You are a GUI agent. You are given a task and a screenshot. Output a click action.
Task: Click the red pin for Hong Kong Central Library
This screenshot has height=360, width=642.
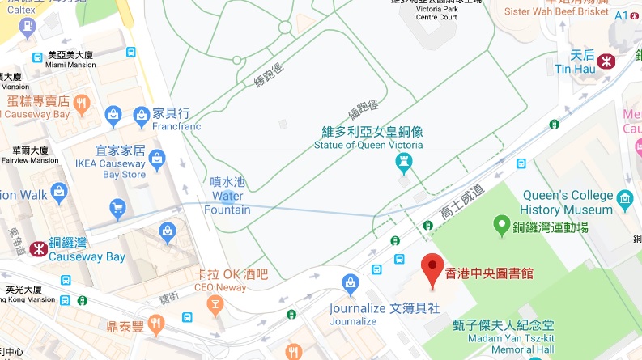[x=431, y=265]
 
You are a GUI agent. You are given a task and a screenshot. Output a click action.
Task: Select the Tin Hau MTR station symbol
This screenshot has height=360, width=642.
[x=604, y=61]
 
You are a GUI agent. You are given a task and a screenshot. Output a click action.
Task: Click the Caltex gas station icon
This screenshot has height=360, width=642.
[x=29, y=27]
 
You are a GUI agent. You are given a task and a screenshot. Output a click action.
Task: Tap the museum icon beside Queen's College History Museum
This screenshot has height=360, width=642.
[x=624, y=198]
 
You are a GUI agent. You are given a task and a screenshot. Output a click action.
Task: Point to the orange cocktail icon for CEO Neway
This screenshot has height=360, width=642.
[x=215, y=304]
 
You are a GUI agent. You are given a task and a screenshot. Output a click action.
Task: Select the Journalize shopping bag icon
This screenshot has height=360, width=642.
[x=351, y=283]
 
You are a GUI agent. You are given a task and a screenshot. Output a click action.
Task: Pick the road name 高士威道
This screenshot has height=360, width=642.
[x=461, y=201]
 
